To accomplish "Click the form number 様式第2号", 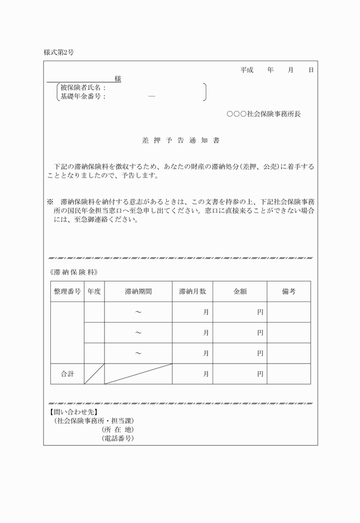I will pyautogui.click(x=58, y=52).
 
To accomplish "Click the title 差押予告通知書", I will pyautogui.click(x=180, y=139).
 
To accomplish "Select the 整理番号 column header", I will pyautogui.click(x=67, y=291).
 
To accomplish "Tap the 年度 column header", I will pyautogui.click(x=94, y=291).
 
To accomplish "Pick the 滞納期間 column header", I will pyautogui.click(x=138, y=291).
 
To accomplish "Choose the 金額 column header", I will pyautogui.click(x=240, y=291).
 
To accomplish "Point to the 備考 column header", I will pyautogui.click(x=289, y=291).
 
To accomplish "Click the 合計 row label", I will pyautogui.click(x=67, y=375).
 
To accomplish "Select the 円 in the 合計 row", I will pyautogui.click(x=260, y=375).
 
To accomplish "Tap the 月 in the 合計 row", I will pyautogui.click(x=206, y=375).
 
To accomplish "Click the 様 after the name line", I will pyautogui.click(x=118, y=79).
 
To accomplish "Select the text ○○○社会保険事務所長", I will pyautogui.click(x=263, y=114).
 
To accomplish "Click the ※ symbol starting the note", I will pyautogui.click(x=50, y=202).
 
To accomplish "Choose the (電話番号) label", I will pyautogui.click(x=118, y=438).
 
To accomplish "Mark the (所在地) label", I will pyautogui.click(x=118, y=429).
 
